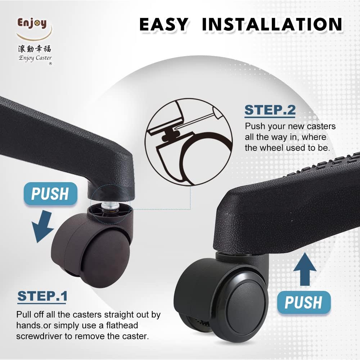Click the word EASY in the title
pyautogui.click(x=164, y=24)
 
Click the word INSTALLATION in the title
pyautogui.click(x=272, y=24)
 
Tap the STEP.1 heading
pyautogui.click(x=42, y=296)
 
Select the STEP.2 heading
pyautogui.click(x=270, y=110)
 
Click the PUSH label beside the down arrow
pyautogui.click(x=50, y=194)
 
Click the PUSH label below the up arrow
pyautogui.click(x=303, y=302)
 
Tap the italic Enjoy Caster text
pyautogui.click(x=35, y=58)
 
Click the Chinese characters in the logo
pyautogui.click(x=35, y=48)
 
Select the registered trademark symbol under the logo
pyautogui.click(x=50, y=64)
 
